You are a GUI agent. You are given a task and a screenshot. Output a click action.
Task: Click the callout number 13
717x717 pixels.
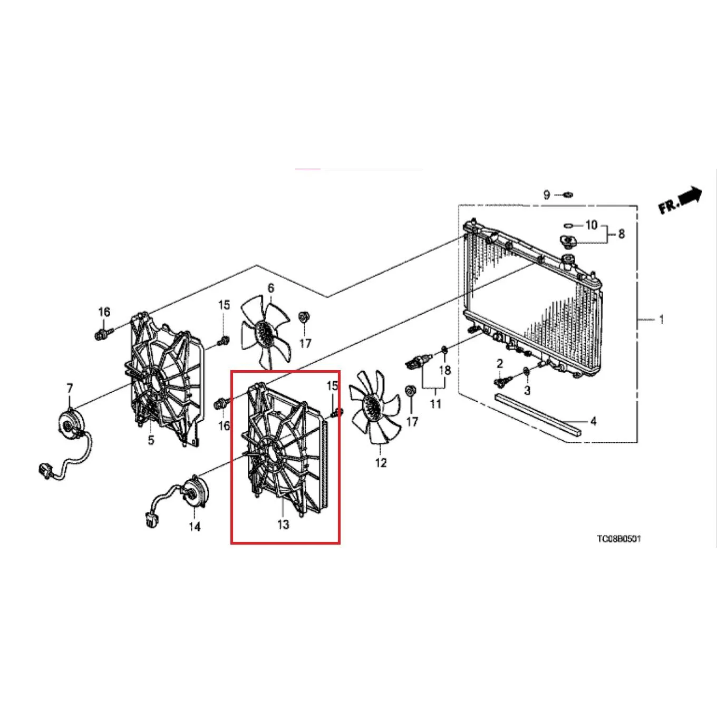point(283,524)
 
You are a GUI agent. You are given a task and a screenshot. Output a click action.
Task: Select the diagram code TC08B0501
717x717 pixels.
point(619,539)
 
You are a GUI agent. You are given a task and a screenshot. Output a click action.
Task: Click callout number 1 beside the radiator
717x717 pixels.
point(661,319)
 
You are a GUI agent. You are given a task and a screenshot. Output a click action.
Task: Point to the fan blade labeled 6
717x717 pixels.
point(265,331)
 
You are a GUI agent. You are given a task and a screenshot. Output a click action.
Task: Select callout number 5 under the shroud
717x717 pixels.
point(151,440)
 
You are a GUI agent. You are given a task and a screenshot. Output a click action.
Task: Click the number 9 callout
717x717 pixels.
point(546,195)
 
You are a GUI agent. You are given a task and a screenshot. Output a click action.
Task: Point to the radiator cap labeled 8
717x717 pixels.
point(567,242)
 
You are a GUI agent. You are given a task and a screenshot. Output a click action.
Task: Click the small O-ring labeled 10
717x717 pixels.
point(568,225)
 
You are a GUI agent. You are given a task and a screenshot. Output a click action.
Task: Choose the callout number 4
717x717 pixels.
point(594,421)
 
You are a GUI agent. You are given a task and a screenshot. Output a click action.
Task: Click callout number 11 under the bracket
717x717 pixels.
point(435,403)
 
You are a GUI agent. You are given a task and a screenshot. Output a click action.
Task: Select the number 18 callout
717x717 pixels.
point(444,370)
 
